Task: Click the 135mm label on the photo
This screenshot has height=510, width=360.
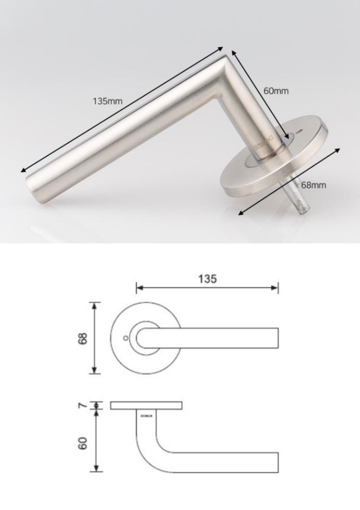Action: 108,101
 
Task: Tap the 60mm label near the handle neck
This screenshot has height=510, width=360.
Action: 276,91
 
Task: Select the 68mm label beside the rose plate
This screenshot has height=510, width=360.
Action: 314,185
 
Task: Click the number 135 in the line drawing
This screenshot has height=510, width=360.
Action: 207,279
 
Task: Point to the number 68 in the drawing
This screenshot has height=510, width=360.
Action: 83,338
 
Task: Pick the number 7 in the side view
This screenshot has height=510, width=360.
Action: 83,406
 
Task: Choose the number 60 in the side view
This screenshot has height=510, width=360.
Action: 83,443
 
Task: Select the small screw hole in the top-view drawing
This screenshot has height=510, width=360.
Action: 124,338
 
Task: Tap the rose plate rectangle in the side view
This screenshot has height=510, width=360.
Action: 146,406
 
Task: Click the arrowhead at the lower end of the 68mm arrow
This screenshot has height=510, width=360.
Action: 241,213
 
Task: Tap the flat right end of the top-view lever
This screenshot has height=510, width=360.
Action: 277,338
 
